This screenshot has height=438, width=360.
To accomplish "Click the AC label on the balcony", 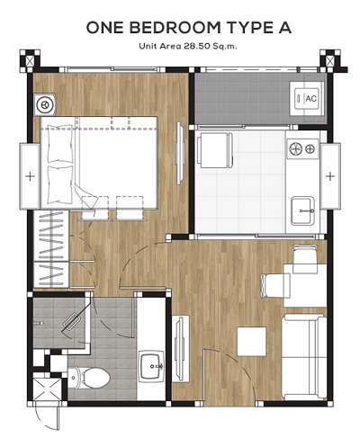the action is click(x=310, y=98).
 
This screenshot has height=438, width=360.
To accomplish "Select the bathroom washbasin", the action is click(x=151, y=366).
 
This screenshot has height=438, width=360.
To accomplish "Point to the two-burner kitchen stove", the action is click(x=302, y=148).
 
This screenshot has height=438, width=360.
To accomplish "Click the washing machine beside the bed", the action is click(x=45, y=104).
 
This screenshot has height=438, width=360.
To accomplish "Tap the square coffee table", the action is click(x=252, y=342).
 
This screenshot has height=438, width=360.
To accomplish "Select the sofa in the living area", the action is click(x=304, y=357).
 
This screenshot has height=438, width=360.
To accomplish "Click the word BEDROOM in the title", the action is click(x=175, y=28).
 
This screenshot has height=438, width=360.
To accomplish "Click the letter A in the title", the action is click(x=283, y=28).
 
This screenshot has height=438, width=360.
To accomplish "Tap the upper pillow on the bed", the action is click(x=60, y=144).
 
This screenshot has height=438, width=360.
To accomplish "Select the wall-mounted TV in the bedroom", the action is click(x=179, y=153).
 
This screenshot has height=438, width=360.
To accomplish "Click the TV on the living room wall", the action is click(x=180, y=348).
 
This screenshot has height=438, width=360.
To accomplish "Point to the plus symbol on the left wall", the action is click(x=30, y=176).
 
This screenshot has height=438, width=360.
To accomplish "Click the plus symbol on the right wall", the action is click(x=330, y=176).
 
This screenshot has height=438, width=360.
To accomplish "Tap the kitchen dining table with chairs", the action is click(x=215, y=149).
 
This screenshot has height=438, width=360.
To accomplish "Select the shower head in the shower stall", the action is click(x=38, y=324).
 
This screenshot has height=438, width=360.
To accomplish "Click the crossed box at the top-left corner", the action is click(x=30, y=61).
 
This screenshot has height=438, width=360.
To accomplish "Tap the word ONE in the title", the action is click(x=104, y=28).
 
